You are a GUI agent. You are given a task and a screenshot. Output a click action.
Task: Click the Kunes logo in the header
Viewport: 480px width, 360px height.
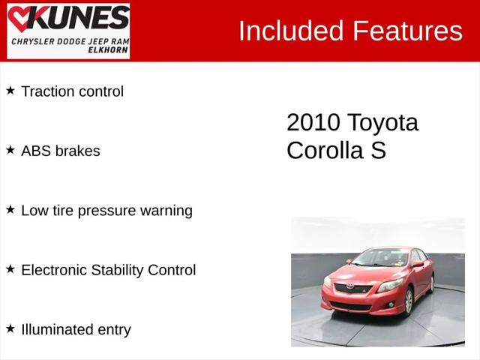(x=68, y=31)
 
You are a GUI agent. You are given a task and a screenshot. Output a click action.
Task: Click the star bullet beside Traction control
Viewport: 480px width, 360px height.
(x=10, y=91)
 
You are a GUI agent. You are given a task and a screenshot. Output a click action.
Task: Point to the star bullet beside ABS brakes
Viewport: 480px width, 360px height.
(x=10, y=150)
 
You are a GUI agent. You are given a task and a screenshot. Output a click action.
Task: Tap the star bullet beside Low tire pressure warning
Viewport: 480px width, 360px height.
(x=10, y=210)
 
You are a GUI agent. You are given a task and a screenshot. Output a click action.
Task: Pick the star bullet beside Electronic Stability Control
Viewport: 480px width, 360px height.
(x=10, y=269)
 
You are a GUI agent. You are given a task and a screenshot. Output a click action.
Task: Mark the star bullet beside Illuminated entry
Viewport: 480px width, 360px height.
(x=10, y=328)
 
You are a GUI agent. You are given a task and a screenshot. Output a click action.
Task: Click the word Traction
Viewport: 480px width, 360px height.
(x=47, y=91)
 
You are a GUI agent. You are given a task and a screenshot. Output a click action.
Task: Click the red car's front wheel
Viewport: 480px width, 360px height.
(x=409, y=301)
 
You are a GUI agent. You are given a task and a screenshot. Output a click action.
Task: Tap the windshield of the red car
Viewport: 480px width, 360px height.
(x=380, y=259)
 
